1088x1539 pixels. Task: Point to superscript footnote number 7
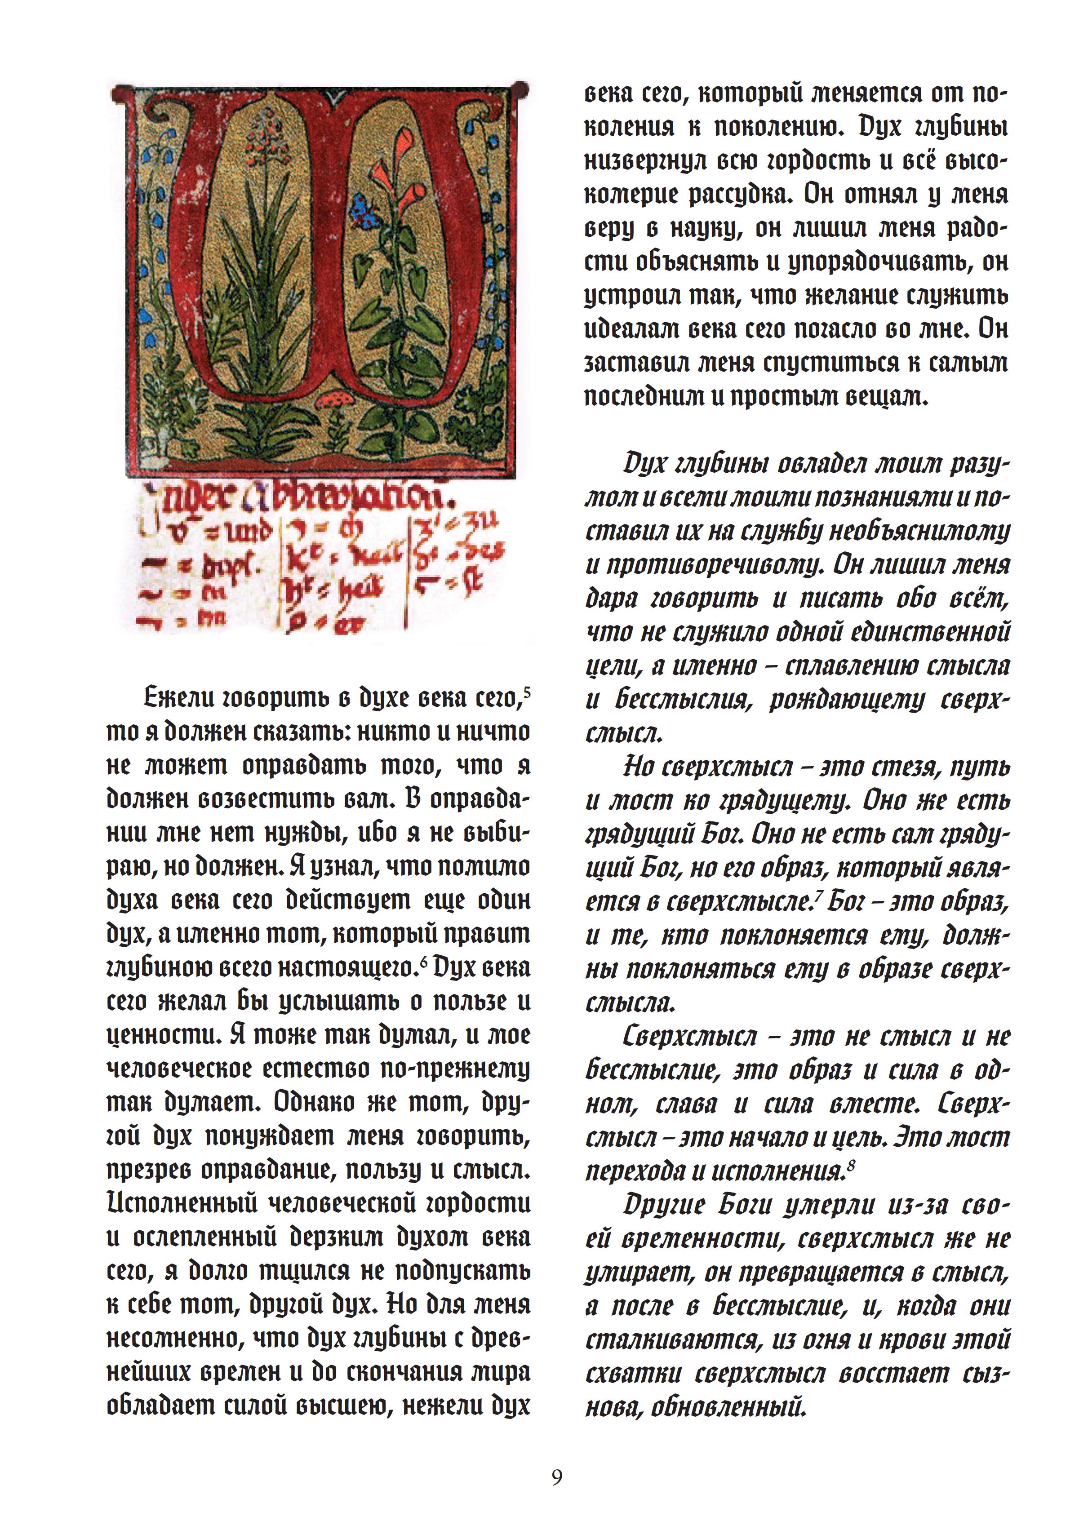coord(819,896)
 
